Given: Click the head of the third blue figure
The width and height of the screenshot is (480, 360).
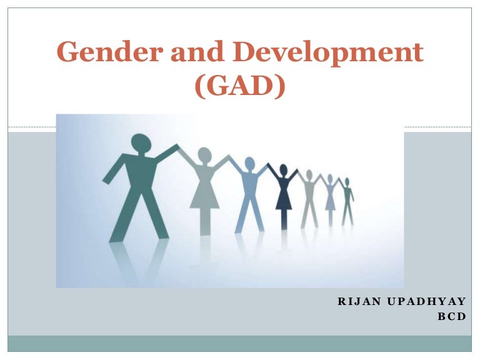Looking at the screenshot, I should pos(249,164).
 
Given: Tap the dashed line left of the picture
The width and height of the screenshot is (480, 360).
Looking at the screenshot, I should pos(31,127).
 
